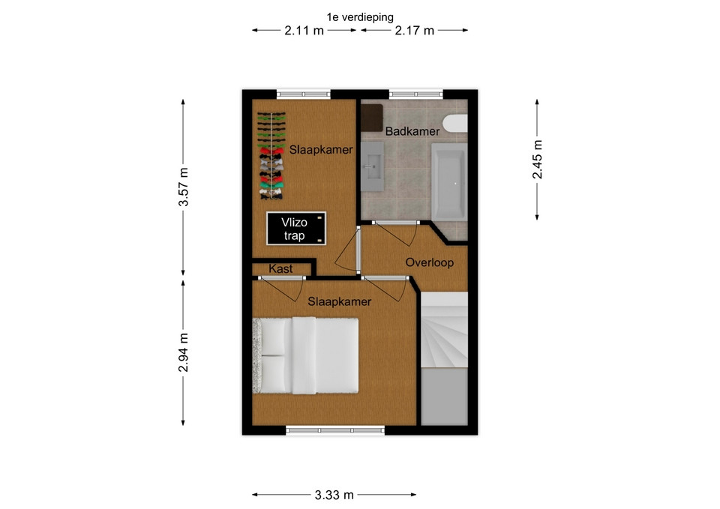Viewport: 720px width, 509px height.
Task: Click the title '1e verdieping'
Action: (x=360, y=17)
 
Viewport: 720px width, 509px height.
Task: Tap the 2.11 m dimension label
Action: (x=304, y=31)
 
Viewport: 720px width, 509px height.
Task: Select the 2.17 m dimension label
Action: (x=414, y=31)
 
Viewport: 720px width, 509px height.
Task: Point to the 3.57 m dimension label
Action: (x=183, y=187)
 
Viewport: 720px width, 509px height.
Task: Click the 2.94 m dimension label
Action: (x=183, y=352)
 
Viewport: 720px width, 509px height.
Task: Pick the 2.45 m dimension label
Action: (x=537, y=159)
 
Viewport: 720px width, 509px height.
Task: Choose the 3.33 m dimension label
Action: (x=334, y=496)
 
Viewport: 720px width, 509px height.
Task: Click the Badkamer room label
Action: (x=412, y=131)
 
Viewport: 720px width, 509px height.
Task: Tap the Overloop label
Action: (x=429, y=262)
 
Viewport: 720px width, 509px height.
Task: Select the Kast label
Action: (x=280, y=268)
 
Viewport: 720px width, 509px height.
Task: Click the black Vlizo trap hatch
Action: (x=296, y=228)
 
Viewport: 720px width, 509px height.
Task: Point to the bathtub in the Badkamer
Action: (x=449, y=181)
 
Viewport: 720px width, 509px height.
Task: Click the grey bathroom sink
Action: (x=372, y=166)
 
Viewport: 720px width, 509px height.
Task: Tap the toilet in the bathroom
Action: (x=455, y=123)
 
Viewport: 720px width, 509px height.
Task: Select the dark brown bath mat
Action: (x=371, y=118)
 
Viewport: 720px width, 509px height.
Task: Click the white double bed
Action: (x=305, y=355)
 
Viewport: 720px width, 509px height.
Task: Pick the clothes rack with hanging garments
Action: (x=271, y=156)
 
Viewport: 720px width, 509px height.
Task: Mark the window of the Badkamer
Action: (x=416, y=94)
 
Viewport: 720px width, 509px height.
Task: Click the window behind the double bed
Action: (x=335, y=430)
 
